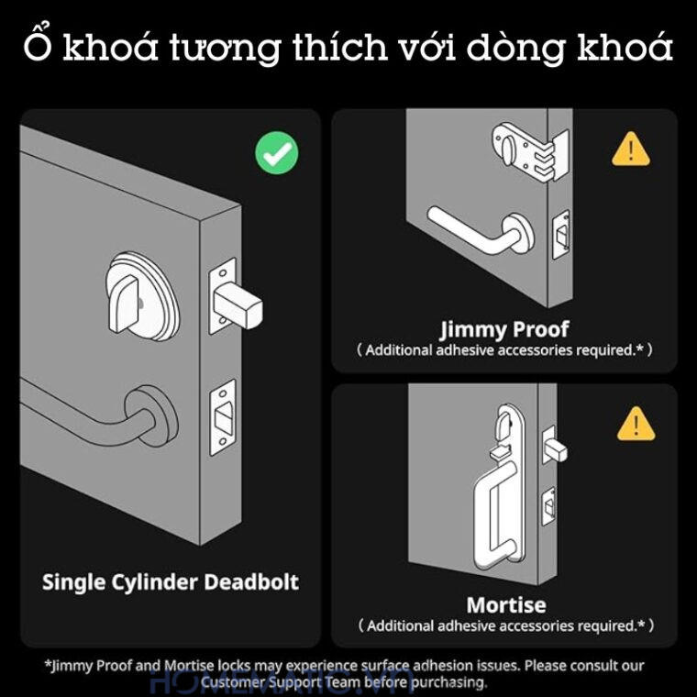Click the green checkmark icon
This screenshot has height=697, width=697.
pyautogui.click(x=276, y=152)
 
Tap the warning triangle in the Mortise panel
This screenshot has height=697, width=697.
pyautogui.click(x=636, y=424)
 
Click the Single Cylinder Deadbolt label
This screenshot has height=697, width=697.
pyautogui.click(x=171, y=581)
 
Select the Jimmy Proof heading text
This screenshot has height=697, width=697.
pyautogui.click(x=504, y=328)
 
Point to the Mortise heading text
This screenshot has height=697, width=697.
pyautogui.click(x=505, y=605)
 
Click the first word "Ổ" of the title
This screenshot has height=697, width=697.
pyautogui.click(x=38, y=46)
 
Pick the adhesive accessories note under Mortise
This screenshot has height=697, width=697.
pyautogui.click(x=505, y=626)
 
